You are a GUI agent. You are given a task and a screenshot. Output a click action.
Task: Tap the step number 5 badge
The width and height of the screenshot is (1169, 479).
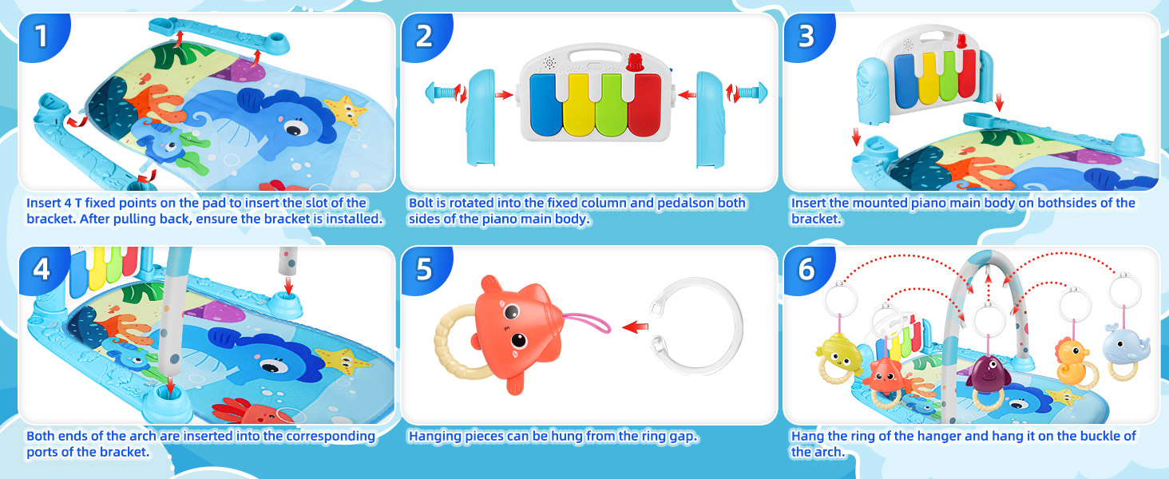[x=424, y=269]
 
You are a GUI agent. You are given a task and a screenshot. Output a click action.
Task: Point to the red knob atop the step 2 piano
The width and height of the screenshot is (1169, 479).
[x=635, y=60]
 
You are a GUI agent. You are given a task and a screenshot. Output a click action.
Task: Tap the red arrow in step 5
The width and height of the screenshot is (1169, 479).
[x=635, y=326]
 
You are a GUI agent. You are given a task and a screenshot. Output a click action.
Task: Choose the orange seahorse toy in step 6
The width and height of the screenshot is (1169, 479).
[x=1072, y=362]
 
